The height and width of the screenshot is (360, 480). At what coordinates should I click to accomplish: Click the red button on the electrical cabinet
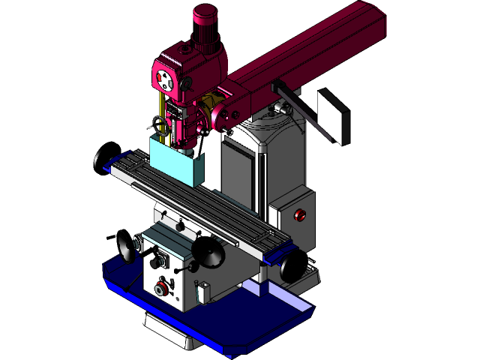(301, 215)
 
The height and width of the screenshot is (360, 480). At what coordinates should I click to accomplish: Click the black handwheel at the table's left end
(99, 160)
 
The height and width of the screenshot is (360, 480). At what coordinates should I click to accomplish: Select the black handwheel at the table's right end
(295, 266)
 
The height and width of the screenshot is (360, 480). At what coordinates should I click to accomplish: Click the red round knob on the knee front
(160, 288)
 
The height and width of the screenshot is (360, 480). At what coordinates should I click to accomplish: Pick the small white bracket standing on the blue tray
(201, 292)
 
